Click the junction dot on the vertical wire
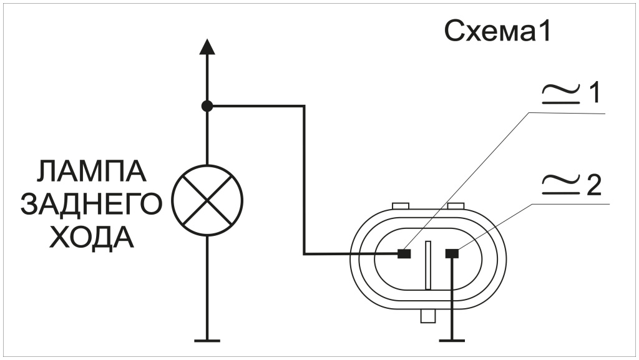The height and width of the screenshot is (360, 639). coord(208,106)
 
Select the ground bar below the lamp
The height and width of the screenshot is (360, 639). coord(207,340)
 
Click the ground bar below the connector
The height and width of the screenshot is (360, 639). coord(452,340)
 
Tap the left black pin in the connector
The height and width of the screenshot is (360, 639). coord(404,253)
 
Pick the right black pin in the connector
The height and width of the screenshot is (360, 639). coord(452,253)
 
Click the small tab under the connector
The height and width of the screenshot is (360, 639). coord(427,317)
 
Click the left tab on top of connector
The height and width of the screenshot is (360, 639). coord(399,205)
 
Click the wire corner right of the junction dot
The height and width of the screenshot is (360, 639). coord(304,107)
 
